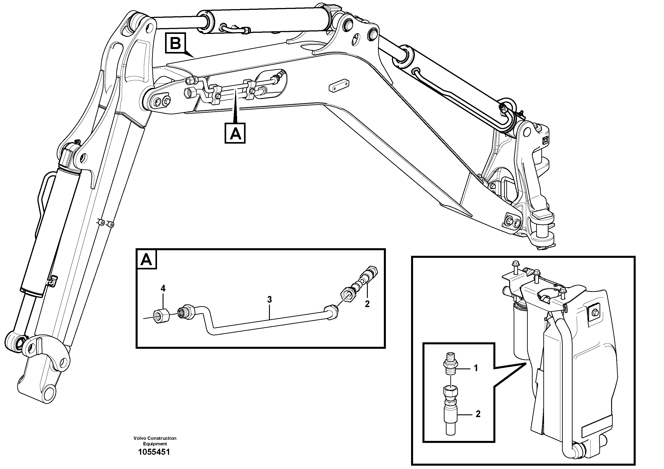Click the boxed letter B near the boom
click(175, 44)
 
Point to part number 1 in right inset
click(476, 368)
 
